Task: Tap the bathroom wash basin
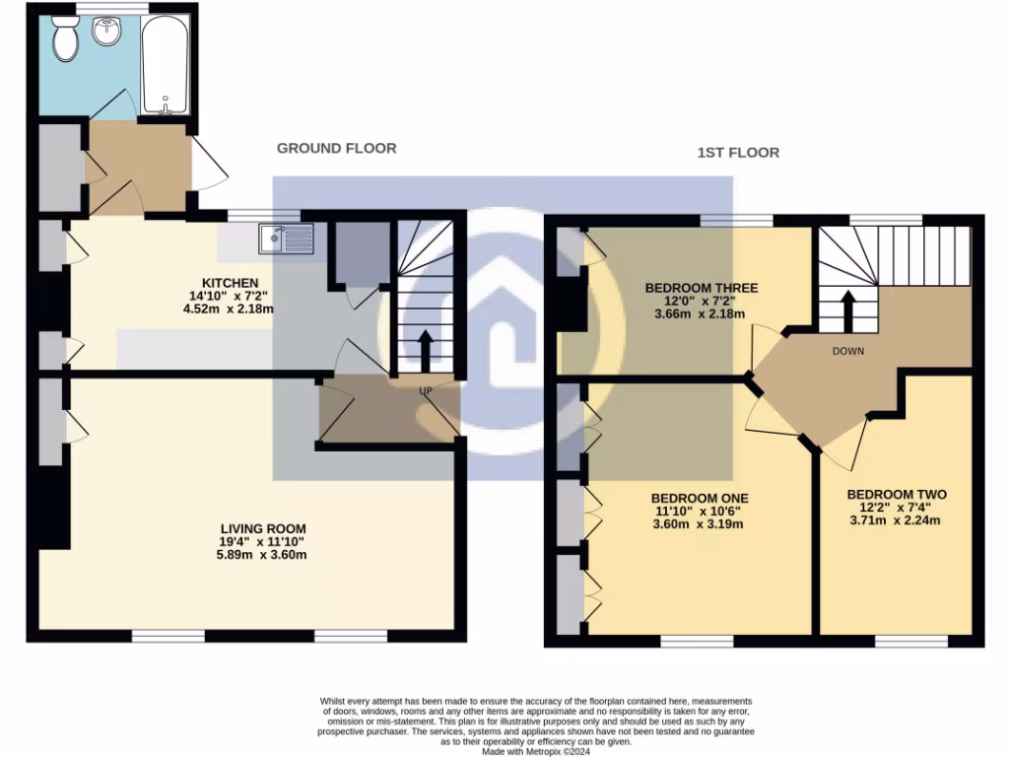[105, 32]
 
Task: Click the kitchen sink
[285, 238]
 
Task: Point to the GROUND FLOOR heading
[336, 148]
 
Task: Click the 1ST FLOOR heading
[738, 153]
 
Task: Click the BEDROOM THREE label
[702, 288]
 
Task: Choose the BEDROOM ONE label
[700, 499]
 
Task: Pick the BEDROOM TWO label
[897, 494]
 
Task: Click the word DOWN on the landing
[849, 351]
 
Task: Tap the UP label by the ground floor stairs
[427, 391]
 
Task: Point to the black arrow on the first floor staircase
[845, 309]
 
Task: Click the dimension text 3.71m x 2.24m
[895, 520]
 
